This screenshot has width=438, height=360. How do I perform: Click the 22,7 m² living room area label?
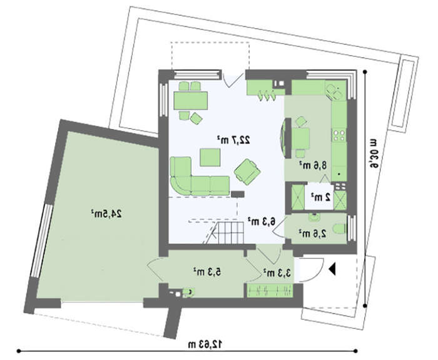pyautogui.click(x=233, y=140)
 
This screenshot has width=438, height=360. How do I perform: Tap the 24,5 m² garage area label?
pyautogui.click(x=106, y=214)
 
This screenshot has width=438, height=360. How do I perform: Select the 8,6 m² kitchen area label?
pyautogui.click(x=313, y=165)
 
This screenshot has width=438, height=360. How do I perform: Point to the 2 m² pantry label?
pyautogui.click(x=321, y=197)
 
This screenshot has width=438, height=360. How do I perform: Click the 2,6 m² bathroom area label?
pyautogui.click(x=313, y=233)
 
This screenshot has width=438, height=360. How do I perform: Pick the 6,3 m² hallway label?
pyautogui.click(x=262, y=221)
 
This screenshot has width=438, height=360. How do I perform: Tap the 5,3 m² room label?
pyautogui.click(x=207, y=271)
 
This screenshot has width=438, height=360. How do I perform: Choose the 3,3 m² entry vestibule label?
pyautogui.click(x=277, y=273)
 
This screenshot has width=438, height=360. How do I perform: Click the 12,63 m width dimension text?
pyautogui.click(x=205, y=344)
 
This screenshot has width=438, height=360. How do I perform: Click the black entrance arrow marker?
pyautogui.click(x=332, y=269)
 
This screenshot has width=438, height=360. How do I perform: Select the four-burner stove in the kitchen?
pyautogui.click(x=339, y=135)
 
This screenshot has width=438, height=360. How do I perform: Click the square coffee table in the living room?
pyautogui.click(x=210, y=157)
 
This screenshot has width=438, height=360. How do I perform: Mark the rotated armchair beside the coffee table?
pyautogui.click(x=248, y=172)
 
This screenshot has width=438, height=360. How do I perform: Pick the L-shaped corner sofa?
pyautogui.click(x=200, y=176)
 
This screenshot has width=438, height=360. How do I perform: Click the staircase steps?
pyautogui.click(x=227, y=232)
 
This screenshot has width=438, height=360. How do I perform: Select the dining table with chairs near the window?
pyautogui.click(x=190, y=101)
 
